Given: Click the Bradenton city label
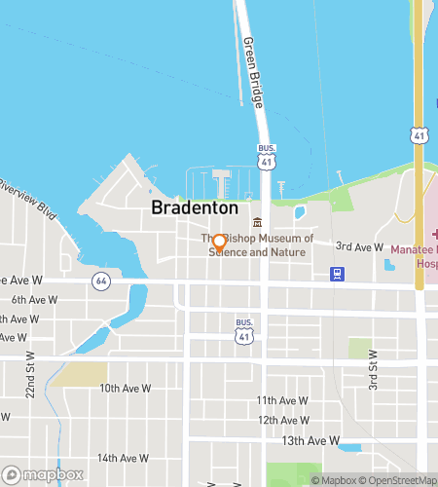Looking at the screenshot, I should [195, 208].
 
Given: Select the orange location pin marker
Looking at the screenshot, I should [220, 243].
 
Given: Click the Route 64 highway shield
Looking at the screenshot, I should [100, 281].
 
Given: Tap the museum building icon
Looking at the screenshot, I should [257, 222].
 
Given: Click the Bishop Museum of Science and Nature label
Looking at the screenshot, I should [259, 244].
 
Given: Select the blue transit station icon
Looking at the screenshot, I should [336, 274].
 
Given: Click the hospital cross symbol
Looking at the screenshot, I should [434, 235].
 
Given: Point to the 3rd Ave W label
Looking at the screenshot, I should [359, 247].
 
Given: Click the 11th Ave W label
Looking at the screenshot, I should [282, 400].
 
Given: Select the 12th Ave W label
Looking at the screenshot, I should [282, 420].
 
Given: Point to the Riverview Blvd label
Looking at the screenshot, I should [26, 195].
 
